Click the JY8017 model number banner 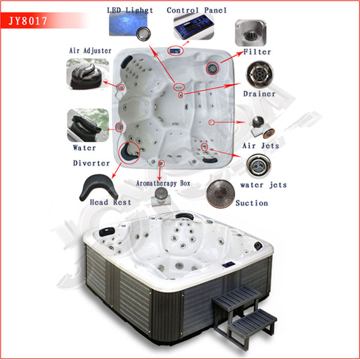[x=44, y=21]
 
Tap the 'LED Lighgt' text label [x=130, y=10]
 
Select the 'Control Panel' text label [x=197, y=10]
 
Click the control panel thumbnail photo [x=194, y=26]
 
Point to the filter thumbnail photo [x=251, y=33]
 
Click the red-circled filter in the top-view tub [x=212, y=68]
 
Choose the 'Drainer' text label [x=259, y=94]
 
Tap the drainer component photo [x=260, y=74]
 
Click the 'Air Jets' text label [x=260, y=146]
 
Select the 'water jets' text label [x=263, y=185]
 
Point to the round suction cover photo [x=220, y=194]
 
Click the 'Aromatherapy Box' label [x=163, y=183]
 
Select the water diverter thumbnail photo [x=88, y=125]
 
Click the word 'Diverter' [x=91, y=163]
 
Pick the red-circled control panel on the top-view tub [x=176, y=50]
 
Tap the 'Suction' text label [x=251, y=203]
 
